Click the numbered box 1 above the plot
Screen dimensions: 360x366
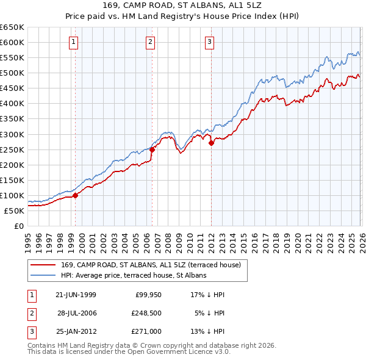click(73, 42)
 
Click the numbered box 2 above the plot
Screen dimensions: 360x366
click(149, 42)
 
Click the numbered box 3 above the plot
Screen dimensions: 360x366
click(209, 42)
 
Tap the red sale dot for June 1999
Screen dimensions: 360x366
click(76, 195)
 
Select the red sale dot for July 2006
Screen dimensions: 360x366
click(152, 149)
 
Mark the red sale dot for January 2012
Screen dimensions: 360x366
click(211, 143)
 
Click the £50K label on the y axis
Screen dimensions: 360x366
click(15, 211)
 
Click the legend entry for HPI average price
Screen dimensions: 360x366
click(134, 276)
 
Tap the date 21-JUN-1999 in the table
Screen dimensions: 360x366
click(76, 295)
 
